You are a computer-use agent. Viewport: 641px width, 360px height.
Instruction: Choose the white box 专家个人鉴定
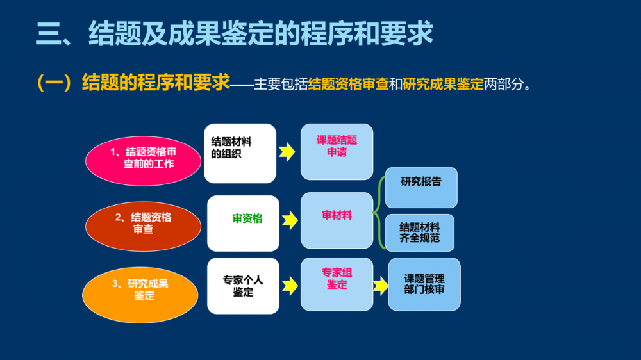point(243,286)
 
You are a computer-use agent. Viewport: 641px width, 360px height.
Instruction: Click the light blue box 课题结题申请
point(337,152)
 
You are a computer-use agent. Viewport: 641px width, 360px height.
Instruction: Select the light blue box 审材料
point(337,220)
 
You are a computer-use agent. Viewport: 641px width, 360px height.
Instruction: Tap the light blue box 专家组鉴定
point(337,282)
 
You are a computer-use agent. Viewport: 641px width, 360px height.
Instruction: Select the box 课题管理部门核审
point(424,284)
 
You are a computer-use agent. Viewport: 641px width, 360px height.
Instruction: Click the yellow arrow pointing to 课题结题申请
point(287,152)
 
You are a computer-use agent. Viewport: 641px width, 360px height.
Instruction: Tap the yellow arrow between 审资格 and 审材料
point(290,221)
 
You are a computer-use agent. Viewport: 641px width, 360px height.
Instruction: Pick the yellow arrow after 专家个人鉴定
point(290,286)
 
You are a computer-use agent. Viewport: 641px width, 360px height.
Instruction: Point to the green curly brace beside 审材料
point(380,211)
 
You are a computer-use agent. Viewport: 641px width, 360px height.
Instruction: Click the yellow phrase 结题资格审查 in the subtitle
point(348,84)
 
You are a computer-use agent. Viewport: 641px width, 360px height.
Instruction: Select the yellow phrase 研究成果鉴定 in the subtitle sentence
point(444,84)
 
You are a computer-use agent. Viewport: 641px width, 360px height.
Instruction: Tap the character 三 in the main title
point(48,33)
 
